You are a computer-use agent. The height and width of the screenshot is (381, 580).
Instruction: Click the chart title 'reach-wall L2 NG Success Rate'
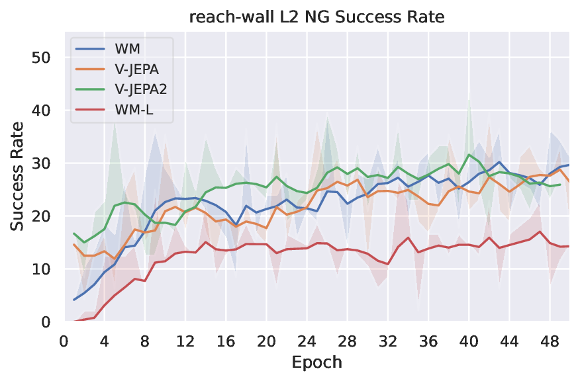[x=317, y=18]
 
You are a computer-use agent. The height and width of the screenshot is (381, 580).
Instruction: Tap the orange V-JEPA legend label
[x=136, y=71]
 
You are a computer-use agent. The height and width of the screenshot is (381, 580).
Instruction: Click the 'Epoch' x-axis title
[x=317, y=363]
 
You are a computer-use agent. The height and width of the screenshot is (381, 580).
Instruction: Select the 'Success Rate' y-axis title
[x=18, y=176]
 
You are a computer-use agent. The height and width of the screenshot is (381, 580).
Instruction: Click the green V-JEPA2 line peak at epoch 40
[x=469, y=155]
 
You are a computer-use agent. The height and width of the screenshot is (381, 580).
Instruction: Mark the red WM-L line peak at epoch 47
[x=540, y=232]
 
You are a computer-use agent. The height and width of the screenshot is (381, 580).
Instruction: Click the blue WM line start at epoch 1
[x=74, y=300]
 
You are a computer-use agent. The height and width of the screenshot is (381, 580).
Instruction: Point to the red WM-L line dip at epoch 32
[x=388, y=264]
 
